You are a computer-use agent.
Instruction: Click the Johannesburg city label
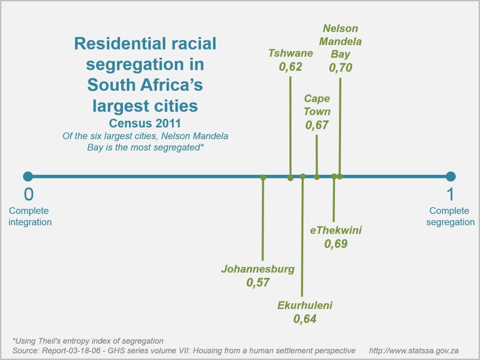pyautogui.click(x=258, y=269)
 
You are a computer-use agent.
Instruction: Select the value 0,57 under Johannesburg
pyautogui.click(x=258, y=282)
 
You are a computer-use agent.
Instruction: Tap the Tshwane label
pyautogui.click(x=290, y=53)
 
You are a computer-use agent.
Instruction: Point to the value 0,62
pyautogui.click(x=290, y=67)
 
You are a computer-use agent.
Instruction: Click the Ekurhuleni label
pyautogui.click(x=305, y=305)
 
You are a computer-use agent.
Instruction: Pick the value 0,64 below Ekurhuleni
pyautogui.click(x=305, y=319)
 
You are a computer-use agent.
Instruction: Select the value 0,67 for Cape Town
pyautogui.click(x=317, y=125)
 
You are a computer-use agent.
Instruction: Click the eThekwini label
pyautogui.click(x=336, y=230)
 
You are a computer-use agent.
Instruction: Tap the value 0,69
pyautogui.click(x=336, y=243)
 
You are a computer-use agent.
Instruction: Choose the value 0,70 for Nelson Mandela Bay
pyautogui.click(x=341, y=67)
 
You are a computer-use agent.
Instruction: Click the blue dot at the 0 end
pyautogui.click(x=28, y=177)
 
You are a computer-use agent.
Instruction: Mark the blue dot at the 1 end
pyautogui.click(x=451, y=177)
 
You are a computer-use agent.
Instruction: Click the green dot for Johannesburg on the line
pyautogui.click(x=263, y=178)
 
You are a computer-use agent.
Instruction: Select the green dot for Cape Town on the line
pyautogui.click(x=317, y=177)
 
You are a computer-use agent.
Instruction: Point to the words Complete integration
pyautogui.click(x=30, y=216)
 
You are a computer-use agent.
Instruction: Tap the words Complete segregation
pyautogui.click(x=450, y=216)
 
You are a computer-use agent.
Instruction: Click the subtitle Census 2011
pyautogui.click(x=145, y=123)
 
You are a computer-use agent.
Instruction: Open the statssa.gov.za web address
pyautogui.click(x=414, y=351)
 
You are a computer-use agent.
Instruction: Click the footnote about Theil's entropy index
pyautogui.click(x=88, y=341)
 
